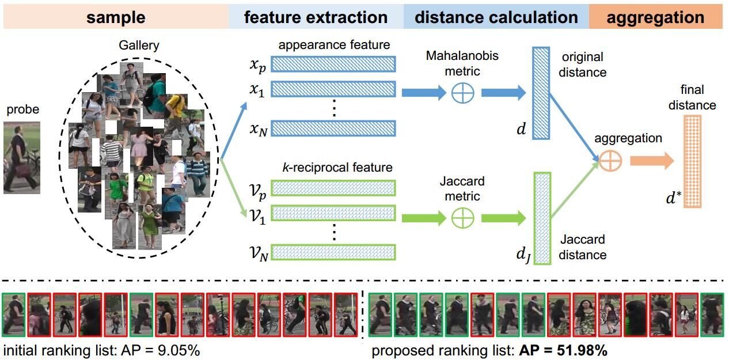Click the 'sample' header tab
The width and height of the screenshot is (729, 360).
115,17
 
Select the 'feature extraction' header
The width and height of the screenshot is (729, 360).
316,17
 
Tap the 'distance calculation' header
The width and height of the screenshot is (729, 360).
496,17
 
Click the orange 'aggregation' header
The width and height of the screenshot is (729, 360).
655,17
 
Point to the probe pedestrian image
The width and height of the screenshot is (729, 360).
21,157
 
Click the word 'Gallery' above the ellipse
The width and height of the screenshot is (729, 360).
138,46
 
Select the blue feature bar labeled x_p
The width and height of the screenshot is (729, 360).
333,64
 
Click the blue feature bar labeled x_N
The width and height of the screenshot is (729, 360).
333,128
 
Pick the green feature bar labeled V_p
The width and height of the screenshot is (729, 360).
333,188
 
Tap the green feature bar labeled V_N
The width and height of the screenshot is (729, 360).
333,252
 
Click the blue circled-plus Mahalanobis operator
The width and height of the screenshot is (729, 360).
462,92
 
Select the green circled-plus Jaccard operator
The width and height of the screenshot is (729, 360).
462,218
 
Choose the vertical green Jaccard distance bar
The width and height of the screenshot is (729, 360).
542,218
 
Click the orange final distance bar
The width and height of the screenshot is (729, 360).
692,161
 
